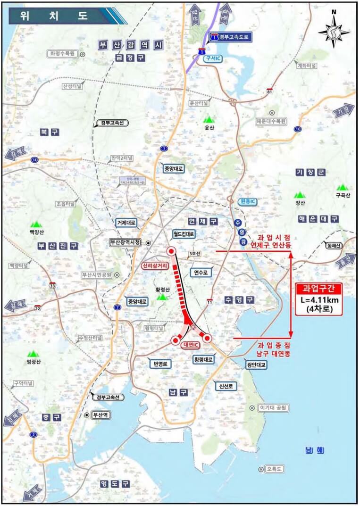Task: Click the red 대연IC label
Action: coord(191,345)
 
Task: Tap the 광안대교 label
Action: coord(256,365)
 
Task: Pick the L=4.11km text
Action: coord(317,300)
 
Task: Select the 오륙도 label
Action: coord(273,469)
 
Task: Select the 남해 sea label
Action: coord(314,450)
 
